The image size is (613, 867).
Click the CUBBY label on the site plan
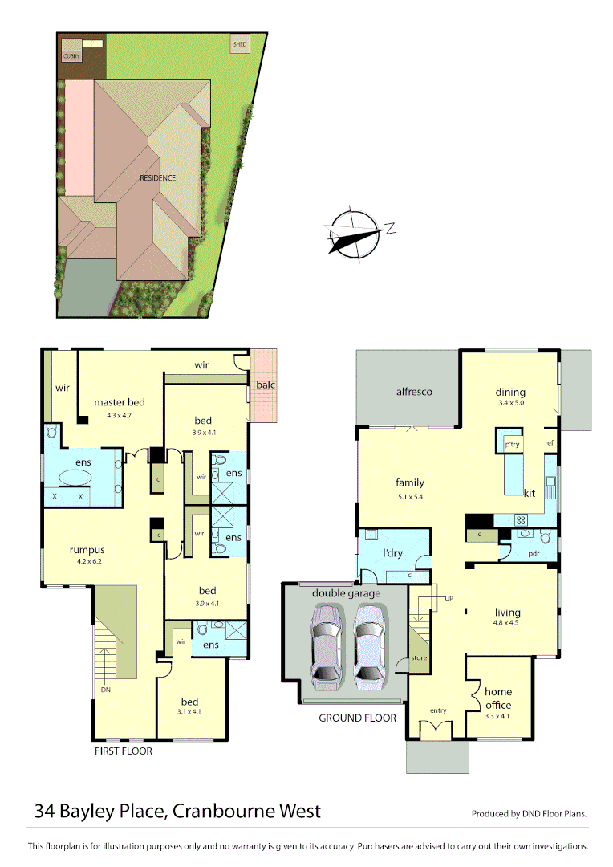[72, 57]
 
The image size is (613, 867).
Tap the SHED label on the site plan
[239, 43]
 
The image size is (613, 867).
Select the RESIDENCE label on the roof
[157, 177]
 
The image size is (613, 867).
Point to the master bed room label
[119, 402]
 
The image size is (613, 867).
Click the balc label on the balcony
[265, 385]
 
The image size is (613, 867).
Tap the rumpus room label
[87, 550]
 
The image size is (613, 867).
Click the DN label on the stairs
[105, 690]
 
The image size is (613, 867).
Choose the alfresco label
[414, 392]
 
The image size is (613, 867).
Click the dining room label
[509, 393]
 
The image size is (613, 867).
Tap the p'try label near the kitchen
[511, 444]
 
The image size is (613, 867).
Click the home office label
[497, 698]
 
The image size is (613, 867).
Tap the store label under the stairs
[418, 657]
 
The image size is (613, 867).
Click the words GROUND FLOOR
[357, 718]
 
